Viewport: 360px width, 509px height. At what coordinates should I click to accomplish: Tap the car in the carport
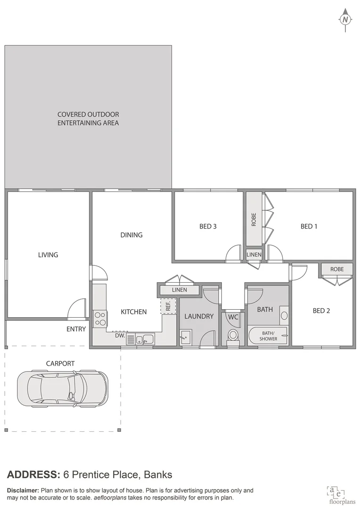(62, 388)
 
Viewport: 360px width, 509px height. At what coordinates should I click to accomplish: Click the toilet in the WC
(233, 335)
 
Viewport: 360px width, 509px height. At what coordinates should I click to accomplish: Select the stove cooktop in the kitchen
(100, 319)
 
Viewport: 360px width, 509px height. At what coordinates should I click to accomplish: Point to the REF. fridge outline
(168, 306)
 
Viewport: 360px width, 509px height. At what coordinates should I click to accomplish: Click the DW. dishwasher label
(120, 336)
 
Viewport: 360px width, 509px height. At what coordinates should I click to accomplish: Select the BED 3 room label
(208, 226)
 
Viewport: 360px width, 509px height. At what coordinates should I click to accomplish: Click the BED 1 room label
(309, 226)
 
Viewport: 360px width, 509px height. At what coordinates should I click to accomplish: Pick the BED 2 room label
(321, 311)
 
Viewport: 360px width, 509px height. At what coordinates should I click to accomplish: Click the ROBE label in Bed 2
(337, 269)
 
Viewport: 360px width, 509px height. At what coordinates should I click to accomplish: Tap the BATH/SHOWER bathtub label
(268, 336)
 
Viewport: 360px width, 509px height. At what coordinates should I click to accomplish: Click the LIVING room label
(48, 254)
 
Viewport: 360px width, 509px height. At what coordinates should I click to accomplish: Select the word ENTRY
(76, 329)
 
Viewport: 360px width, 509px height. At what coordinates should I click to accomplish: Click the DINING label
(131, 235)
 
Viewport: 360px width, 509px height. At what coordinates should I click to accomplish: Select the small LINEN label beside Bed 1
(254, 254)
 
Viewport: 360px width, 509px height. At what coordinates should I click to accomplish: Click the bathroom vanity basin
(284, 316)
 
